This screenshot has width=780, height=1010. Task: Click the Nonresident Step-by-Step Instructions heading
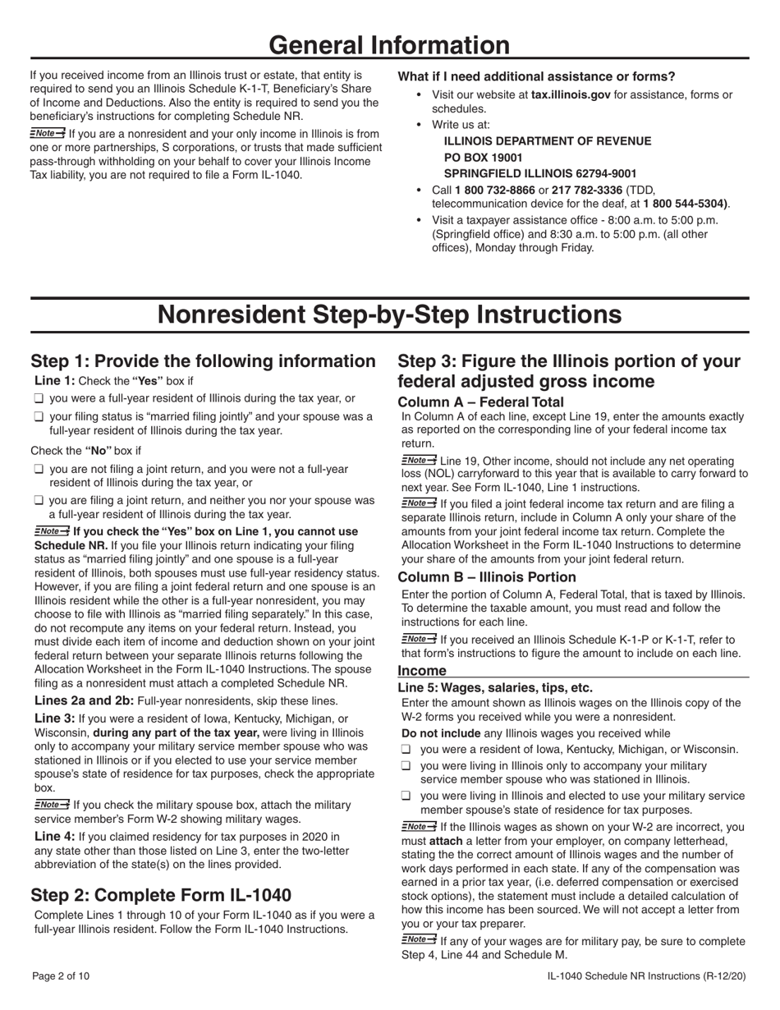coord(389,314)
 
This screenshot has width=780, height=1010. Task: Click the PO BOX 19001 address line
coord(483,157)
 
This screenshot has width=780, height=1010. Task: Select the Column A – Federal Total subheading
coord(480,402)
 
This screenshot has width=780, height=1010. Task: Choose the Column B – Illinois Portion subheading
coord(486,577)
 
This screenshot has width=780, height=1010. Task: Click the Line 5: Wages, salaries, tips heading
coord(494,688)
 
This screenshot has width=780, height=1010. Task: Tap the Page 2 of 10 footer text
coord(60,976)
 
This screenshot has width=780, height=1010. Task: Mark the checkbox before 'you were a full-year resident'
coord(38,399)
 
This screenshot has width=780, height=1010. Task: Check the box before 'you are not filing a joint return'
coord(38,470)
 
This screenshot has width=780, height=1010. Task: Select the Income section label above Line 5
coord(422,671)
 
